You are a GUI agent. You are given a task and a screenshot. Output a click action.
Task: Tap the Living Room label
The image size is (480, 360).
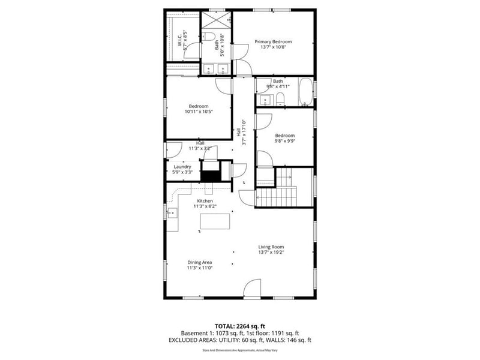pyautogui.click(x=271, y=247)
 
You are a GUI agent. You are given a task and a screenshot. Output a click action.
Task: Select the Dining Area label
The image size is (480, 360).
pyautogui.click(x=200, y=262)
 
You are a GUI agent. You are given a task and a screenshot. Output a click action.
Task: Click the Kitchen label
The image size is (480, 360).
pyautogui.click(x=205, y=201)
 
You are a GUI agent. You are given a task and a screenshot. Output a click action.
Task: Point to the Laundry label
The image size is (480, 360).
pyautogui.click(x=182, y=167)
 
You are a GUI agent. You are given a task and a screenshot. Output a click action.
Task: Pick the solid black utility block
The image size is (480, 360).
pyautogui.click(x=210, y=175)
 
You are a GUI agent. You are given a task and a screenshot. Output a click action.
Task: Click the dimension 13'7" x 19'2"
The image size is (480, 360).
pyautogui.click(x=271, y=253)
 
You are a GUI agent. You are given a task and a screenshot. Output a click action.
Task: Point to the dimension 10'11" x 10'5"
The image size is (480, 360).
pyautogui.click(x=199, y=112)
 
